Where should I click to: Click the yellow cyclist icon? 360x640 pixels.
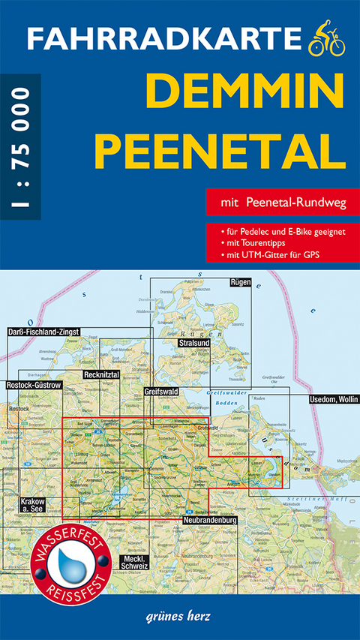pyautogui.click(x=326, y=38)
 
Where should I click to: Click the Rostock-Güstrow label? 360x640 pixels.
pyautogui.click(x=33, y=386)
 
